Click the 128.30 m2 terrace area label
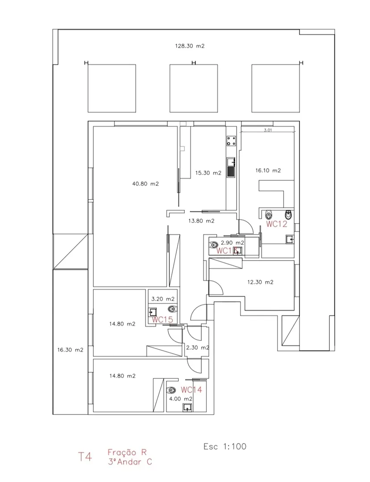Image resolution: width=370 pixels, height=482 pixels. (x=190, y=46)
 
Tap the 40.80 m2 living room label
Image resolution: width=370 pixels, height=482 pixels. (x=146, y=183)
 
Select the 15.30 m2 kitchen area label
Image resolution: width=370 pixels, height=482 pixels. (x=208, y=173)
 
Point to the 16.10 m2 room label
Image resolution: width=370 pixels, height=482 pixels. (x=268, y=170)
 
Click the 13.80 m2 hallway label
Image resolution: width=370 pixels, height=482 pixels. (x=201, y=221)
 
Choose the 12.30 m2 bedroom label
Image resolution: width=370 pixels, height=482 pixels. (x=260, y=282)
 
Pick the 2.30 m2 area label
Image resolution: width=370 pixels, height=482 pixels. (x=198, y=347)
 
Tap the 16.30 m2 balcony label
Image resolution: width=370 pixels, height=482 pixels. (x=71, y=350)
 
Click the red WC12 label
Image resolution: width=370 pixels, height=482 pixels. (x=276, y=224)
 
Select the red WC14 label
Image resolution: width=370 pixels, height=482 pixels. (x=191, y=390)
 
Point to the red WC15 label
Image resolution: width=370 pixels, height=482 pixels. (x=162, y=320)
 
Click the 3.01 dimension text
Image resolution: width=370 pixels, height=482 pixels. (x=268, y=131)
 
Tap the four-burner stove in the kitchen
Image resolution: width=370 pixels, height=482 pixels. (x=231, y=141)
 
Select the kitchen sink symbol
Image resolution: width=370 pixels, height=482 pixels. (x=231, y=168)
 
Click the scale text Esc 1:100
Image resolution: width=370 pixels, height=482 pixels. (x=224, y=446)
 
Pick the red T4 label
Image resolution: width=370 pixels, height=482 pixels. (x=85, y=457)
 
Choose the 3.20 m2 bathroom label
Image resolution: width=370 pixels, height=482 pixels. (x=163, y=299)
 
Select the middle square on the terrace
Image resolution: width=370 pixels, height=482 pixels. (x=193, y=88)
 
